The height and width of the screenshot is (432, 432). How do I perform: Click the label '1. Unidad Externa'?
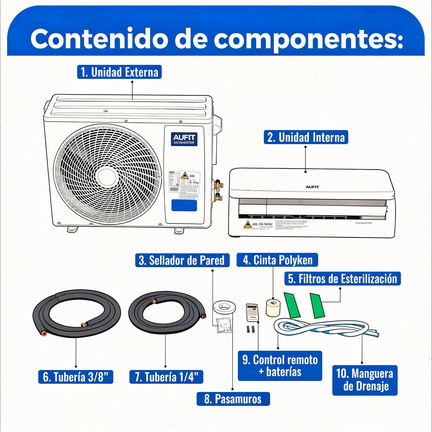click(119, 72)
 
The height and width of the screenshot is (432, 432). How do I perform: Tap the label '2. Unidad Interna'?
click(306, 137)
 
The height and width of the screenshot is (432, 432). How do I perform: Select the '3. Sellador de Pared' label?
click(182, 260)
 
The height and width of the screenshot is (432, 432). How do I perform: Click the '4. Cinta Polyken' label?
click(277, 260)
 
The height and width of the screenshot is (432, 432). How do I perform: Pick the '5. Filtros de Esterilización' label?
click(342, 279)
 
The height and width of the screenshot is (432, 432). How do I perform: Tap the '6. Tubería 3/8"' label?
click(76, 377)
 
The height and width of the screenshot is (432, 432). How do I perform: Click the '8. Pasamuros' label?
click(233, 399)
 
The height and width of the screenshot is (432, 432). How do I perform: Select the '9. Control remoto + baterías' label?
click(280, 366)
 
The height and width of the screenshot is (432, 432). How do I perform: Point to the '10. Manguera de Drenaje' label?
click(365, 380)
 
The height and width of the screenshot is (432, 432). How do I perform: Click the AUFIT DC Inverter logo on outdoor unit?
click(184, 139)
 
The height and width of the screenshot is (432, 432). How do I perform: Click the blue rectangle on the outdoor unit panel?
click(184, 205)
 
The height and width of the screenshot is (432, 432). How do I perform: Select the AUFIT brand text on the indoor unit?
click(312, 187)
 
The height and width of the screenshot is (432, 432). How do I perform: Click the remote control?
click(252, 312)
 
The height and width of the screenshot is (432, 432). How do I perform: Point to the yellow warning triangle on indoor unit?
click(247, 225)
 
